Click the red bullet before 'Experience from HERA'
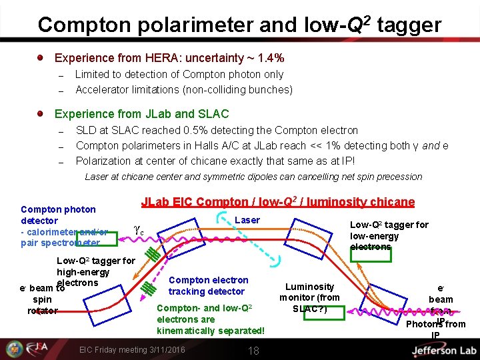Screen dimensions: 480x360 click(42, 58)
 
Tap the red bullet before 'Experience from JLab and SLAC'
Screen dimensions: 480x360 click(42, 114)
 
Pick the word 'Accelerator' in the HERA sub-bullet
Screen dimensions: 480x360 click(104, 89)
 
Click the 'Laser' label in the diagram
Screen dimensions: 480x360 click(247, 220)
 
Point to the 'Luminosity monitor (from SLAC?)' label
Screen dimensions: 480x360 click(309, 297)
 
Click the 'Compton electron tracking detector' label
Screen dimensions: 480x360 click(208, 286)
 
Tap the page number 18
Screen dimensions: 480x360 click(253, 350)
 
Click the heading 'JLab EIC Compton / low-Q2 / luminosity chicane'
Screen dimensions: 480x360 click(277, 202)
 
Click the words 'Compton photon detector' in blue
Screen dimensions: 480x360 click(58, 215)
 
